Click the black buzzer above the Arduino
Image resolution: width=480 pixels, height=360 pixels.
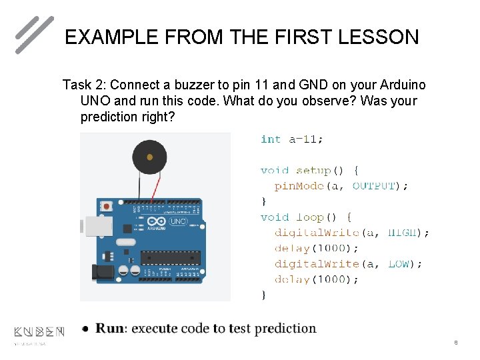click(149, 158)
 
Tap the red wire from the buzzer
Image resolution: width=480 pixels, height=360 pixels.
click(157, 187)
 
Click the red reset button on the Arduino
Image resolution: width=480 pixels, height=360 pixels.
click(105, 207)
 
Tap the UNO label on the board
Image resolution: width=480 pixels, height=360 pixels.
click(178, 221)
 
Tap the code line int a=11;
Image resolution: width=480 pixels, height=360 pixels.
click(292, 139)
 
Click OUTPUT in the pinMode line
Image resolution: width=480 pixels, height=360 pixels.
click(373, 186)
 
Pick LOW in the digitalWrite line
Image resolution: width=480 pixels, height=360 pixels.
click(399, 264)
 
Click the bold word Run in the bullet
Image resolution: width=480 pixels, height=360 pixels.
click(109, 329)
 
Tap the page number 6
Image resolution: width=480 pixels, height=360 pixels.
click(455, 343)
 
